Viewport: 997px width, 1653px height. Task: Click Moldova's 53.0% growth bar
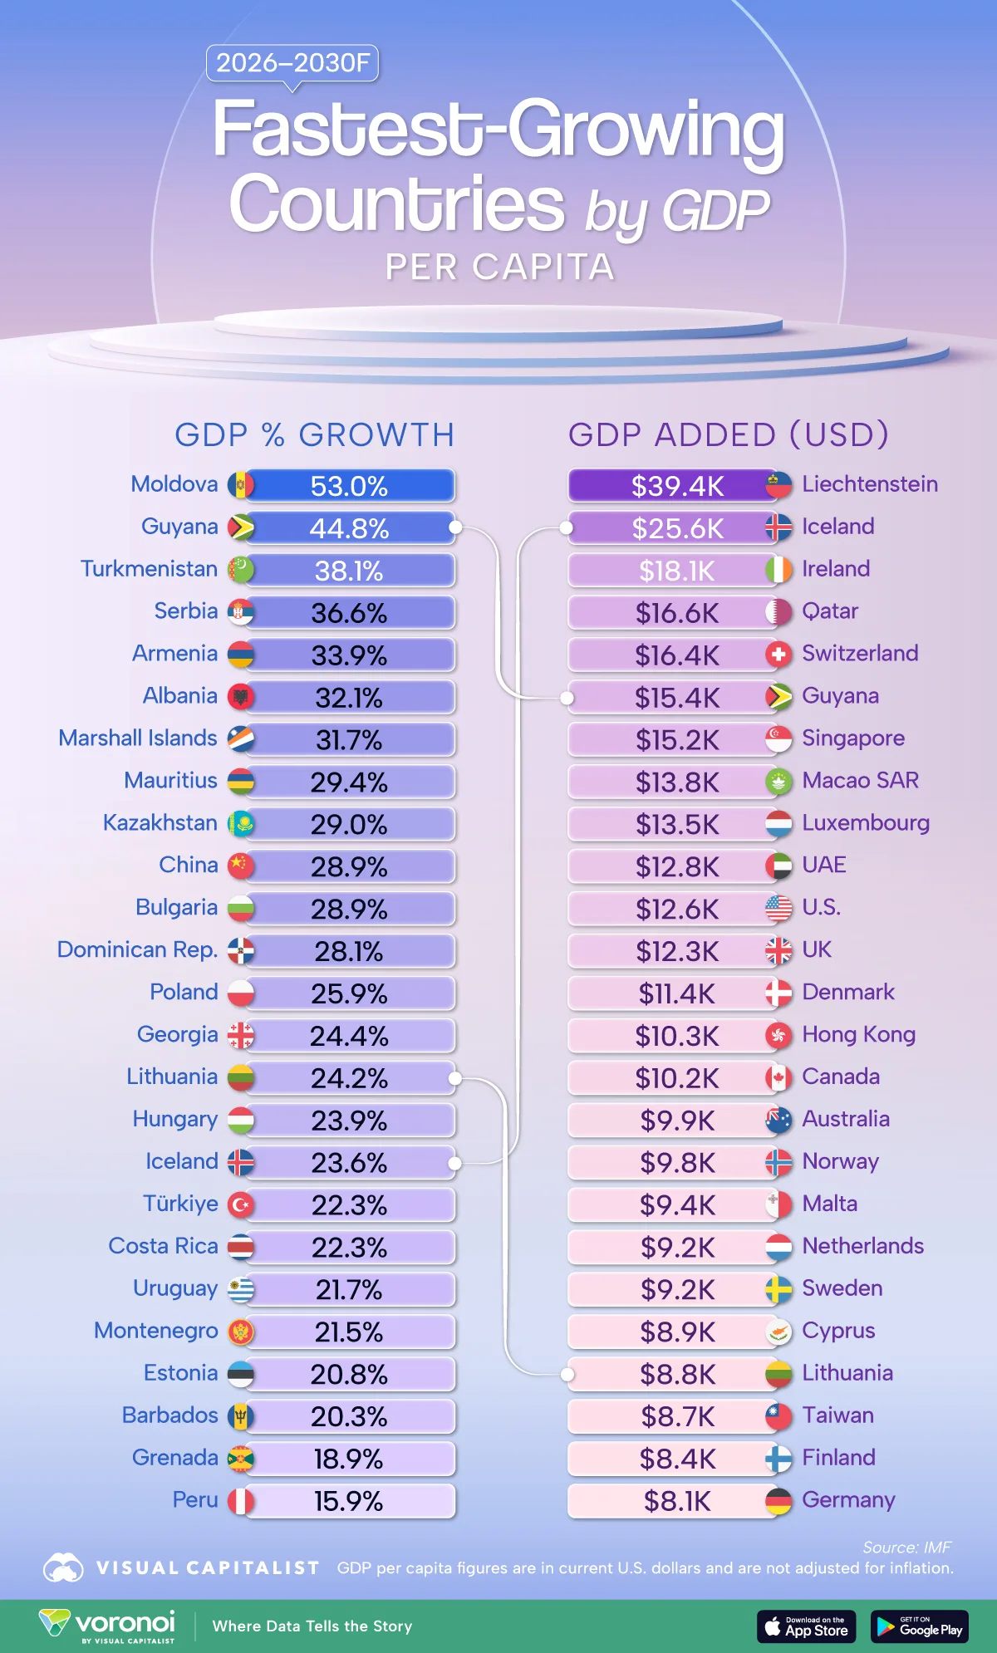tap(349, 486)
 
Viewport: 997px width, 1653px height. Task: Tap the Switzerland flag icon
tap(778, 655)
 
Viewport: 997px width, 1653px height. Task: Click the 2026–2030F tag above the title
tap(292, 63)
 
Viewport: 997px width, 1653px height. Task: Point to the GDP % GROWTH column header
tap(314, 434)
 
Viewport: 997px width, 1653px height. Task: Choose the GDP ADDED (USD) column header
tap(729, 434)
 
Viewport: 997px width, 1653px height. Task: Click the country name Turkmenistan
tap(149, 569)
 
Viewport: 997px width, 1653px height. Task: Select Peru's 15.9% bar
tap(349, 1501)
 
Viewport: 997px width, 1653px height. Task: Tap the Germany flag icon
tap(778, 1501)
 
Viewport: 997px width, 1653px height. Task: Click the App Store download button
tap(806, 1626)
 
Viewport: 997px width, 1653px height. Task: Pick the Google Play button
tap(919, 1626)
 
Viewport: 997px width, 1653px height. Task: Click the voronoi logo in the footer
tap(108, 1625)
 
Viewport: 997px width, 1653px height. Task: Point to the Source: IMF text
tap(906, 1547)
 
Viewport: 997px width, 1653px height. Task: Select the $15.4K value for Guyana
tap(677, 698)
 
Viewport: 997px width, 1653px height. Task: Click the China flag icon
tap(241, 866)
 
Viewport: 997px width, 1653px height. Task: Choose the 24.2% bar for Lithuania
tap(349, 1078)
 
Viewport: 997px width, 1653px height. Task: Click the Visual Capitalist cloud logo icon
tap(63, 1567)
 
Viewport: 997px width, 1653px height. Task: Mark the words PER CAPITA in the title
tap(499, 267)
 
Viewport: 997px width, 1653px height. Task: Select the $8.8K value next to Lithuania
tap(677, 1375)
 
